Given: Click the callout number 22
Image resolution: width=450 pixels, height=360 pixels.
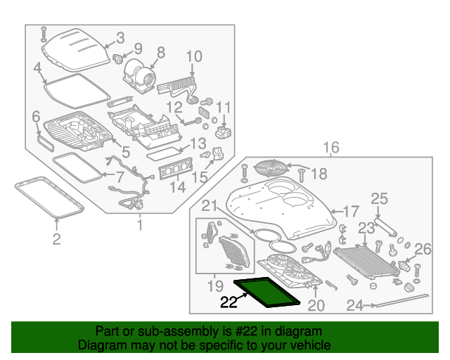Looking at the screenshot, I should pyautogui.click(x=229, y=303).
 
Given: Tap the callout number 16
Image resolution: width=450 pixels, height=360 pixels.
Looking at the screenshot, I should pyautogui.click(x=330, y=147).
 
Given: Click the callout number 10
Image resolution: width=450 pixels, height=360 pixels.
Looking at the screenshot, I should pyautogui.click(x=193, y=56).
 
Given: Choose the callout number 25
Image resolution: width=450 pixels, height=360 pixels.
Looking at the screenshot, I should pyautogui.click(x=379, y=199).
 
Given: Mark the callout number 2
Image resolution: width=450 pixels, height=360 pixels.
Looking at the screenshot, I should pyautogui.click(x=56, y=240).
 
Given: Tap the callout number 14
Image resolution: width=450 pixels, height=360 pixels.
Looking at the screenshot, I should pyautogui.click(x=178, y=188).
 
